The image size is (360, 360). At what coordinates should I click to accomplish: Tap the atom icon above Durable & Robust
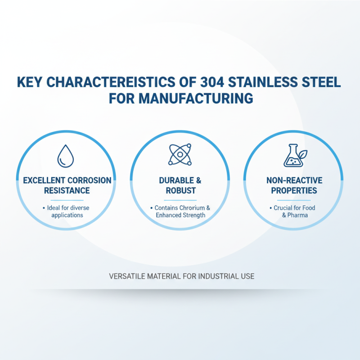(x=180, y=154)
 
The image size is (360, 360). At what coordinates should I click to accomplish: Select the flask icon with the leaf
(x=293, y=155)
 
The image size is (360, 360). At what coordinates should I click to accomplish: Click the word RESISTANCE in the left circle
(x=67, y=190)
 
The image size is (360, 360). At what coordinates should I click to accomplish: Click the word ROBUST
(x=180, y=190)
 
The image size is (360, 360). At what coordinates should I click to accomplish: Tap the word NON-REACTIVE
(x=294, y=180)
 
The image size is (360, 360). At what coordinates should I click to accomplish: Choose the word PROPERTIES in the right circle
(x=294, y=190)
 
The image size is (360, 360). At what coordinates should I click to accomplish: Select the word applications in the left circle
(x=67, y=215)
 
